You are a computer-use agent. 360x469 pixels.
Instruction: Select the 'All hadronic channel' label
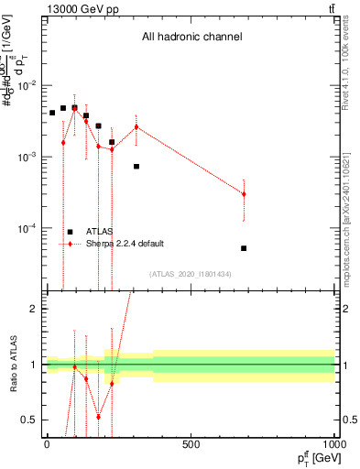tap(191, 38)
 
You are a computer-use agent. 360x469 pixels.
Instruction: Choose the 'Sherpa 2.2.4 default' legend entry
tap(125, 244)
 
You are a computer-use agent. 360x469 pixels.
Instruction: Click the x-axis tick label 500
tap(191, 445)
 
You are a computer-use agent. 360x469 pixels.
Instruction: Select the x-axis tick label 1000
tap(333, 445)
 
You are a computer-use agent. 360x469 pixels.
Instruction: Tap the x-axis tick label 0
tap(47, 445)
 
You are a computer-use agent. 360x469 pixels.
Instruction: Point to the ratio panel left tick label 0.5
tap(29, 420)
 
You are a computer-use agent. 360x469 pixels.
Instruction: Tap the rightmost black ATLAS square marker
tap(244, 248)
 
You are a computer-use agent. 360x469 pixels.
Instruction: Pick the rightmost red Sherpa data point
tap(244, 193)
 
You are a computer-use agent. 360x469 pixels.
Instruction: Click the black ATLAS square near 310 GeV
tap(136, 166)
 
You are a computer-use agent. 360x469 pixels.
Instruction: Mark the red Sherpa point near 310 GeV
tap(136, 126)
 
